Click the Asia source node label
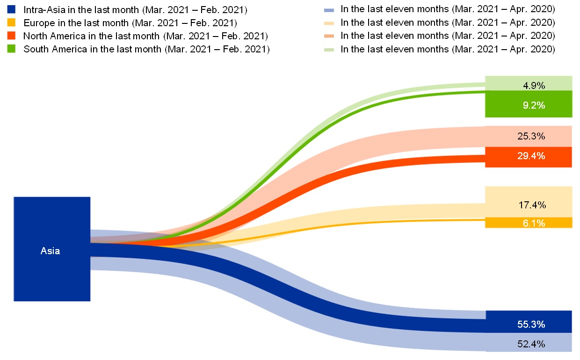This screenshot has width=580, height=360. coord(50,251)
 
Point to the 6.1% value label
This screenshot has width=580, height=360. coord(534,223)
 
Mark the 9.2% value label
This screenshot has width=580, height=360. coord(534,105)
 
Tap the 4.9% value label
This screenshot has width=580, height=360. coord(534,86)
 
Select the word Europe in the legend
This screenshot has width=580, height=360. coord(37,22)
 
